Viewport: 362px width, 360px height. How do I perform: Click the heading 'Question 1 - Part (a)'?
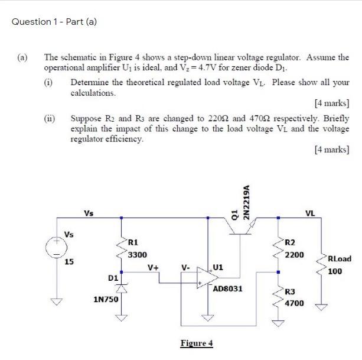point(54,22)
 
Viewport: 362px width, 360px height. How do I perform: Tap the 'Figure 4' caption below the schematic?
point(197,343)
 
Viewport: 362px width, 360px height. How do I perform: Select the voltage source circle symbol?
point(57,248)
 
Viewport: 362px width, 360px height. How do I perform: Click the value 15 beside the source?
point(69,261)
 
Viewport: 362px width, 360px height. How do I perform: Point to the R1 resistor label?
point(133,242)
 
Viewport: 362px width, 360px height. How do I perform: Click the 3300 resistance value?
point(138,254)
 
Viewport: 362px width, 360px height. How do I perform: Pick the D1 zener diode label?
point(113,277)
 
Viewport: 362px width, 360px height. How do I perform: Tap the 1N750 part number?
point(106,300)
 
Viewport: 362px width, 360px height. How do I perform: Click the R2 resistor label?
point(290,242)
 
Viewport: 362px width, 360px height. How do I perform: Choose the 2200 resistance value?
point(294,254)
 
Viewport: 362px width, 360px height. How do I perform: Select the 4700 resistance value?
point(294,303)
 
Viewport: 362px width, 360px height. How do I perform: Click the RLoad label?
point(339,259)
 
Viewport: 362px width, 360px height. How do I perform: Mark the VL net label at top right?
point(310,213)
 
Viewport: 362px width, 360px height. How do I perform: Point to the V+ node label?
point(153,267)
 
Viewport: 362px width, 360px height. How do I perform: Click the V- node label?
point(185,267)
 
